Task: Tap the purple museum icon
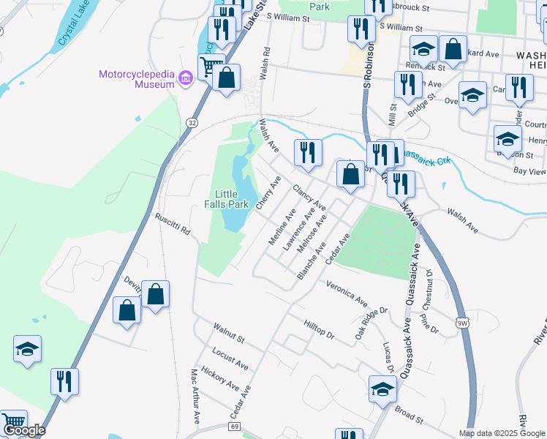[185, 77]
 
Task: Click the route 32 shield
[192, 122]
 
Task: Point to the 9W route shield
[462, 322]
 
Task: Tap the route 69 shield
[234, 427]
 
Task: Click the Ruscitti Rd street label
[173, 224]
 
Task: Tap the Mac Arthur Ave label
[195, 396]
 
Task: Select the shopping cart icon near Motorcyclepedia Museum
[210, 66]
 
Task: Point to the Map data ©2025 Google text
[501, 433]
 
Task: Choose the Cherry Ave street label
[268, 192]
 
